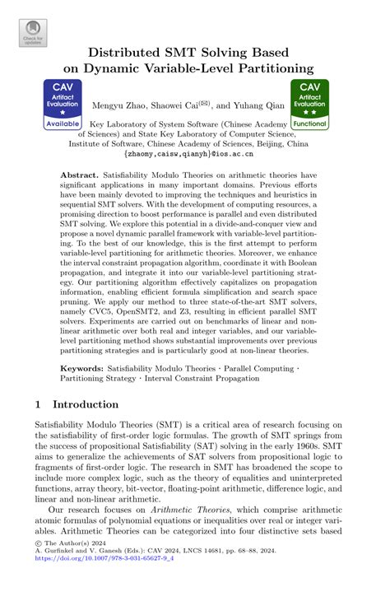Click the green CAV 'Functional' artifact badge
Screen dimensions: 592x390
pos(310,105)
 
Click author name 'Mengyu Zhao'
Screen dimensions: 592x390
pos(119,105)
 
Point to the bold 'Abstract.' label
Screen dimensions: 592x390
pos(80,176)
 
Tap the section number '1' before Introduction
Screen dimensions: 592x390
pos(39,405)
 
